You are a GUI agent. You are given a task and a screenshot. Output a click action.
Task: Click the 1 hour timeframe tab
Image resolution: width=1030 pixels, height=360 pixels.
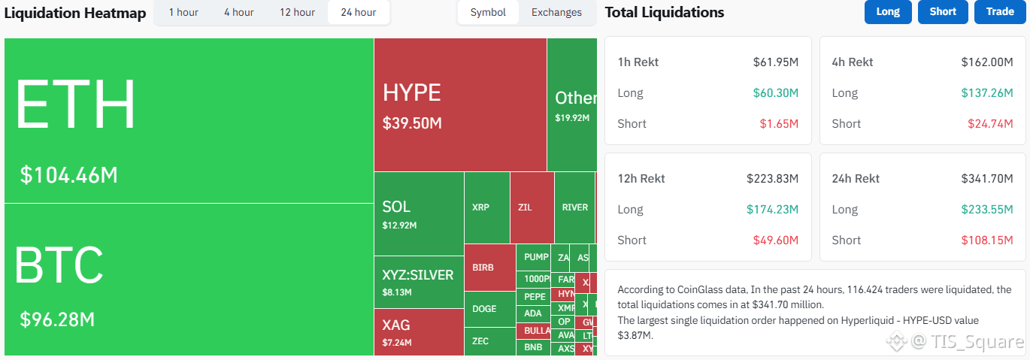183,12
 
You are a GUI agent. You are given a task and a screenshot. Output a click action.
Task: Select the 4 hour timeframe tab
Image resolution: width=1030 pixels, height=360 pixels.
238,12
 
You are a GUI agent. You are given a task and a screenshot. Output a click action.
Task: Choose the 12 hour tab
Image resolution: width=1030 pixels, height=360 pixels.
297,12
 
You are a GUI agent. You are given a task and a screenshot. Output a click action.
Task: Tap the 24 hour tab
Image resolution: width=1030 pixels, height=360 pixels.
358,12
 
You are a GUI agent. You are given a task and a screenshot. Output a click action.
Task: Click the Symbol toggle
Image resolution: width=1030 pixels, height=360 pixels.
488,12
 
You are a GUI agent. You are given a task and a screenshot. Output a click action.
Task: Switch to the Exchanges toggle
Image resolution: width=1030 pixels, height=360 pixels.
556,12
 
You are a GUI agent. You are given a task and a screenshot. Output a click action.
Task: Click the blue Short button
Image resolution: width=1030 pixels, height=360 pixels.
943,11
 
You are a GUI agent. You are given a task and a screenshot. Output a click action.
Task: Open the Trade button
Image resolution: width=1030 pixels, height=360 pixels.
1000,11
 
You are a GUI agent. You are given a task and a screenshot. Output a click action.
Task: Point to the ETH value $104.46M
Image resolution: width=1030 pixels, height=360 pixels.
69,175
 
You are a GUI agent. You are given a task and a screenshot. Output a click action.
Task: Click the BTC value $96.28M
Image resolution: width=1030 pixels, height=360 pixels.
57,319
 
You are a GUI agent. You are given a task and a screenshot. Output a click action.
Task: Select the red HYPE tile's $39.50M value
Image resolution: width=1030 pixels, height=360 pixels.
412,123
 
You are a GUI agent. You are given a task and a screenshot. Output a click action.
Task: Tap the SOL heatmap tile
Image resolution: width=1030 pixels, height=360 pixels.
418,213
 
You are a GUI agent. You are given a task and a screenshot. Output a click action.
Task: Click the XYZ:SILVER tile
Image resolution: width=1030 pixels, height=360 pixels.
418,282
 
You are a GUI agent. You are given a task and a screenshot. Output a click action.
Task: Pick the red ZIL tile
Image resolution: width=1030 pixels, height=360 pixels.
531,207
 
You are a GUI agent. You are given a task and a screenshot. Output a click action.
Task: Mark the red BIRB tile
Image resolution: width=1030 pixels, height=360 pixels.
489,267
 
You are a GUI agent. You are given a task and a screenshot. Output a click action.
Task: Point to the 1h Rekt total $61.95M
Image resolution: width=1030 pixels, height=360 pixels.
776,62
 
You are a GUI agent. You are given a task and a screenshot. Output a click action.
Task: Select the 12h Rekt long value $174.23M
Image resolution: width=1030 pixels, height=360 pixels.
773,209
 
